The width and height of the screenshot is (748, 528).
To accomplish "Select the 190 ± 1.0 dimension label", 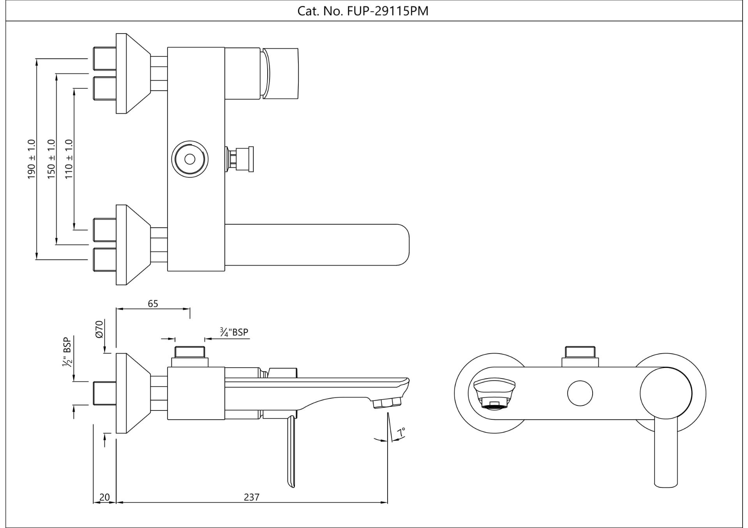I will tap(31, 159).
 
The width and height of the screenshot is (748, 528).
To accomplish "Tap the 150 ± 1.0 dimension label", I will tap(51, 159).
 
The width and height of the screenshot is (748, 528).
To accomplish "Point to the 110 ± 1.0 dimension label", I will tap(69, 159).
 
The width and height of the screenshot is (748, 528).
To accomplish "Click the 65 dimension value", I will tap(153, 304).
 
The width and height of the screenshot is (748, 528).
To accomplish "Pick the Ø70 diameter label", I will tap(99, 329).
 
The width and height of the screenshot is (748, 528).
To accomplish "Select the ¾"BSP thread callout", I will tap(234, 332).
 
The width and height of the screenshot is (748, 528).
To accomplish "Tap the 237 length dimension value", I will tap(252, 497).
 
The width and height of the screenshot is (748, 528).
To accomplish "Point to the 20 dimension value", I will tap(104, 497).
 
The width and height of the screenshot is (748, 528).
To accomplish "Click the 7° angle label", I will tap(401, 432).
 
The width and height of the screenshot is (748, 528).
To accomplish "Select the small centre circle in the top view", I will tap(190, 159).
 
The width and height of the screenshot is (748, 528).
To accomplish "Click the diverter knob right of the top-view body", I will tap(241, 159).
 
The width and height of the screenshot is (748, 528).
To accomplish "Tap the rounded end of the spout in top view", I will tap(401, 245).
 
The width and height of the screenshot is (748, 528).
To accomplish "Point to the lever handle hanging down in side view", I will tap(291, 452).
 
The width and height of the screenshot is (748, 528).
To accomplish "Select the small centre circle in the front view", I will tap(580, 393).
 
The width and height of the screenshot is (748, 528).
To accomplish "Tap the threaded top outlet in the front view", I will tap(580, 352).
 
